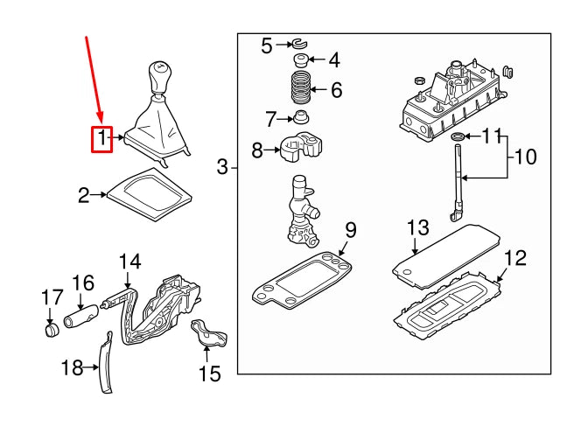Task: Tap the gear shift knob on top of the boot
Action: [x=160, y=77]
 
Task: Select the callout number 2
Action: [x=84, y=196]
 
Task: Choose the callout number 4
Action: [x=334, y=60]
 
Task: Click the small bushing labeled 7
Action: [x=301, y=118]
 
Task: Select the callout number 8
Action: [x=257, y=150]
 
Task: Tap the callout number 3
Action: [x=222, y=167]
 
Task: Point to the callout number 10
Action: [x=525, y=157]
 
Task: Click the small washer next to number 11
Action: [x=458, y=136]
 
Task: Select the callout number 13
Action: [x=418, y=227]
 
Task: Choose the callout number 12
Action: [x=515, y=258]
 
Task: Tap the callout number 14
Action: [x=130, y=262]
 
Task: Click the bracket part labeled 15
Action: [x=209, y=332]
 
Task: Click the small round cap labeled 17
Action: [x=52, y=331]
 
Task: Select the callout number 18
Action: [x=73, y=367]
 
